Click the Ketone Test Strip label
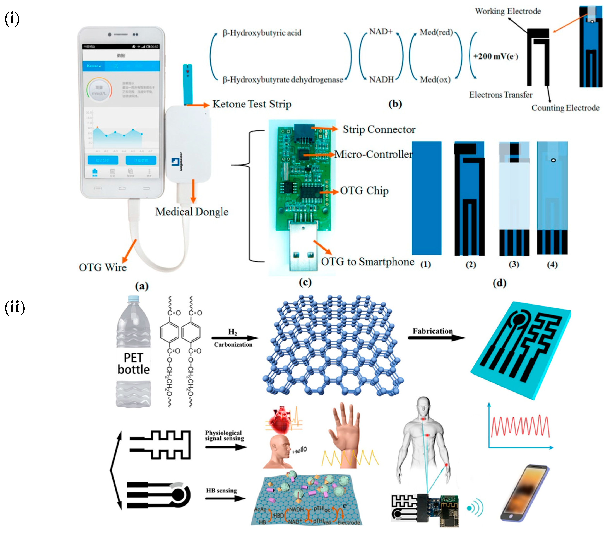pyautogui.click(x=252, y=104)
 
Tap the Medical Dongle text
pyautogui.click(x=192, y=212)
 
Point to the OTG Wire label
pyautogui.click(x=103, y=267)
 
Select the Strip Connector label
pyautogui.click(x=379, y=129)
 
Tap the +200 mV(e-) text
pyautogui.click(x=495, y=56)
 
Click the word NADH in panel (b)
pyautogui.click(x=381, y=79)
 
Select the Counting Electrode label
pyautogui.click(x=565, y=108)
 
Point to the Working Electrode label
pyautogui.click(x=508, y=11)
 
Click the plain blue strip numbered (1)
pyautogui.click(x=426, y=198)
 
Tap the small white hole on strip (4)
pyautogui.click(x=553, y=160)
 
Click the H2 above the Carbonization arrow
pyautogui.click(x=232, y=332)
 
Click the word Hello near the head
pyautogui.click(x=299, y=450)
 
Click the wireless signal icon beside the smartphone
pyautogui.click(x=475, y=508)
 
